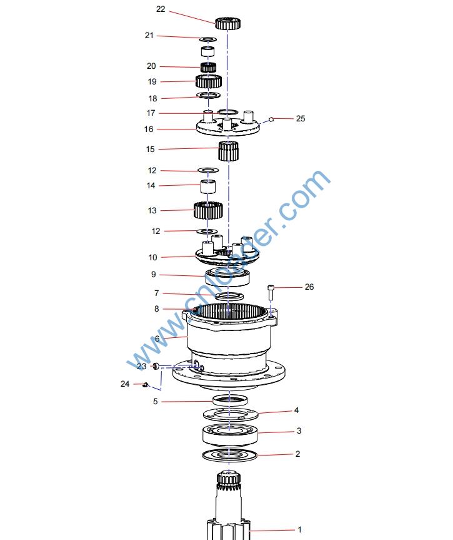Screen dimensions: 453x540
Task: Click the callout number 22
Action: [x=161, y=9]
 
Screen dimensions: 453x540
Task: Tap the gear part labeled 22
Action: [x=227, y=23]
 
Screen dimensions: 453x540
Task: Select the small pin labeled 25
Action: [x=271, y=119]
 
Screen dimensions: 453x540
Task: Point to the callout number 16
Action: [x=149, y=129]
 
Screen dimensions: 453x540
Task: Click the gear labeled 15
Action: [x=229, y=151]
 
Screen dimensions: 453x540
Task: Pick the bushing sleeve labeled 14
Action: [x=208, y=186]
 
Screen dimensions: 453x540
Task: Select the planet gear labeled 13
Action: [x=208, y=210]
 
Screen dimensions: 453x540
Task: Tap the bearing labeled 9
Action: [x=227, y=277]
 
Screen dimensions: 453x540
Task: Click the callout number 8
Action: [x=156, y=308]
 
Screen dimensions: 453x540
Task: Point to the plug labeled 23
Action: [x=156, y=366]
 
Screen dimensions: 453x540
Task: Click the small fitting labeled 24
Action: [x=145, y=384]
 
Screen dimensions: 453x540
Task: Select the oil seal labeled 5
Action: [x=230, y=400]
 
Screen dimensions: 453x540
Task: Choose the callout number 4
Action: [x=296, y=410]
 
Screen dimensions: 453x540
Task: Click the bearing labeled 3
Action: [x=230, y=435]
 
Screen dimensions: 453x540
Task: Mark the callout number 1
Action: [x=299, y=529]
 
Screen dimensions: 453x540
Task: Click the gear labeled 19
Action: [x=209, y=81]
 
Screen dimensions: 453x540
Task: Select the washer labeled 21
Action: [x=207, y=38]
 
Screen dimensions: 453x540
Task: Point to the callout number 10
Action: [x=152, y=257]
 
